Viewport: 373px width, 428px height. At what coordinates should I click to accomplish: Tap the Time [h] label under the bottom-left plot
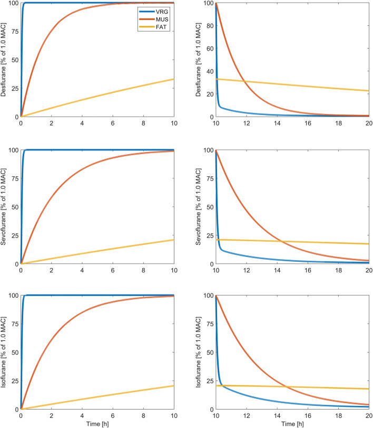97,424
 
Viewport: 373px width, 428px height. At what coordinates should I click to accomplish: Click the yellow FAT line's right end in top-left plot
174,79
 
